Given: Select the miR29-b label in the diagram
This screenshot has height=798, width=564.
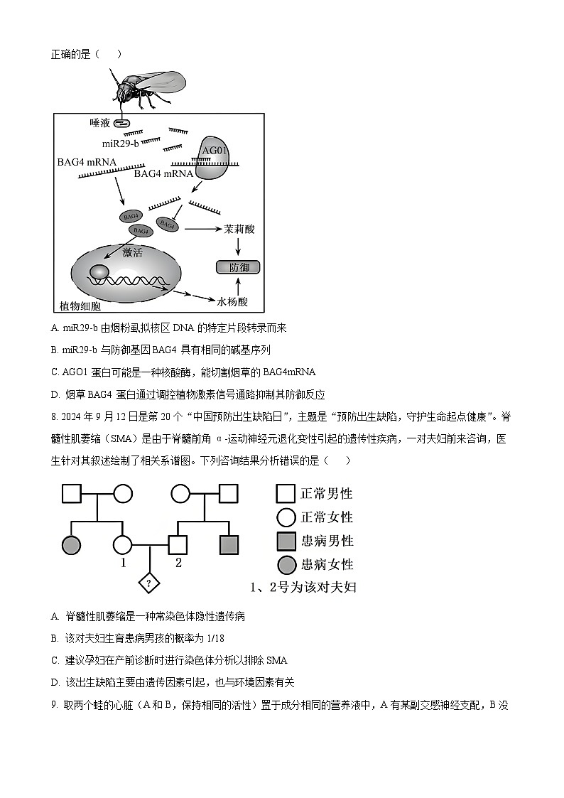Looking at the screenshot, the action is pos(120,143).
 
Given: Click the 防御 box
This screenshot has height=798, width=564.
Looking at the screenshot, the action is pos(238,267).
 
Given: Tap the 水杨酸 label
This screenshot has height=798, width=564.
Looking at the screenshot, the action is pos(234,301).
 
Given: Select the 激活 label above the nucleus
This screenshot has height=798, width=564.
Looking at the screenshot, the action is pos(132,252).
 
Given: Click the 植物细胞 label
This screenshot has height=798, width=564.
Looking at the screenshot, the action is pos(80,306).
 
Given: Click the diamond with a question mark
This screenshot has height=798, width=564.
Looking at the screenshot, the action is pos(149,583).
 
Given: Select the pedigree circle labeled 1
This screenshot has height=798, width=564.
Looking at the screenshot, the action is pos(123,545).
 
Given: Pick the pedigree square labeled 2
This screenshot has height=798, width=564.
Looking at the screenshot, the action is pos(178,545).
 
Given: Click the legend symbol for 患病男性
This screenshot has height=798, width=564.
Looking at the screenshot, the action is pos(286,541).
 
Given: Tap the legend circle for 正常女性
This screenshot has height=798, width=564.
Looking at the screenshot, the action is pos(286,517).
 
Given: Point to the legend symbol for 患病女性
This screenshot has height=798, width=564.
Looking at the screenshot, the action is pos(286,565).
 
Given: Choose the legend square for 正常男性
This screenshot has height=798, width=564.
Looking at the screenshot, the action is pos(286,494).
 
